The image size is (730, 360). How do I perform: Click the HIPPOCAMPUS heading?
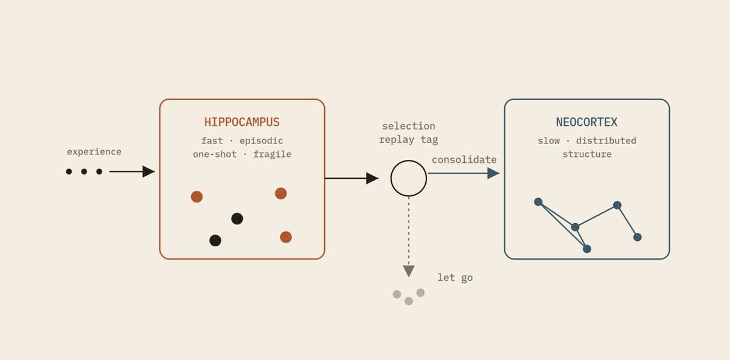point(242,122)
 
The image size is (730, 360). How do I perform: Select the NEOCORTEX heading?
point(586,122)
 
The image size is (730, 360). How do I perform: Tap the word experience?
point(94,152)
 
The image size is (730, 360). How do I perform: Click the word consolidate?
point(464,160)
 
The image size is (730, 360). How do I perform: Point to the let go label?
point(455,277)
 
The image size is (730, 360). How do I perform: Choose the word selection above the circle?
point(409,126)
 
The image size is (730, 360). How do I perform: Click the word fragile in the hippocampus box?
point(273,154)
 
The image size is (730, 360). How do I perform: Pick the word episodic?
point(262,140)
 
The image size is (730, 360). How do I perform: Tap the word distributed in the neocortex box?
point(606,140)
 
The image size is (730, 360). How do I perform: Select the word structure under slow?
point(587,154)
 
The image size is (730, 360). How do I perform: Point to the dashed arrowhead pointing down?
point(409,271)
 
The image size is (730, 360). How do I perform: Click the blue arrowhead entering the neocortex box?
point(493,173)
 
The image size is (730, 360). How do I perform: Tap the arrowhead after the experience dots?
point(148,171)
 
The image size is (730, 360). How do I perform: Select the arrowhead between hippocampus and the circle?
point(372,178)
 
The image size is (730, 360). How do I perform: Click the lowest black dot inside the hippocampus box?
point(215,240)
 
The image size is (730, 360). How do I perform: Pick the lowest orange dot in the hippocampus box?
point(286,237)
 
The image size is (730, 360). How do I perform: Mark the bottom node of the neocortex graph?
point(587,249)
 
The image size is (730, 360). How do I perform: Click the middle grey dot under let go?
point(409,301)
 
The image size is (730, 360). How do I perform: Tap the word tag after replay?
point(429,140)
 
